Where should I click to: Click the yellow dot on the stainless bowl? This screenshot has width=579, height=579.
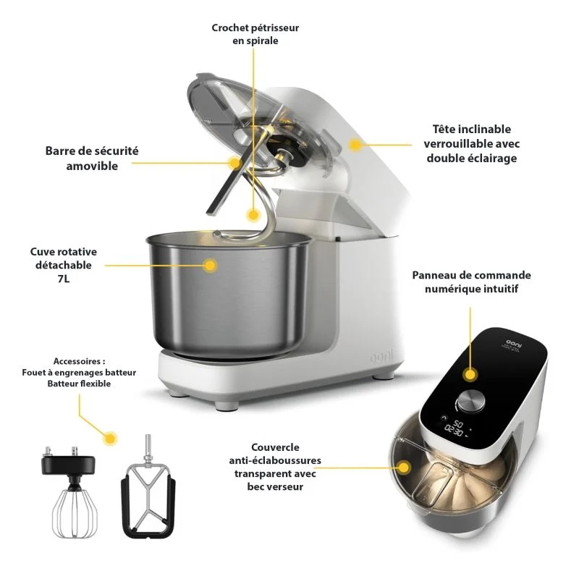(210, 265)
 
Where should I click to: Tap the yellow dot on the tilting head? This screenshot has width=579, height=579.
(355, 145)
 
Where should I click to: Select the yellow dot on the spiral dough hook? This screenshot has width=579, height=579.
(253, 214)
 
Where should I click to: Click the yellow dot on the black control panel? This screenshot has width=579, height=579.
(470, 374)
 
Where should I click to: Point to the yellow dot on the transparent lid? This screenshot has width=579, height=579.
(405, 468)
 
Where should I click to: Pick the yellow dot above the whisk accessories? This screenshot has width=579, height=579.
(110, 439)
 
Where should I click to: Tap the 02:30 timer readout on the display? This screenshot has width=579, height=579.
(454, 430)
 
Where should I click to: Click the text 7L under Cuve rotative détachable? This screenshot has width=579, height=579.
(63, 279)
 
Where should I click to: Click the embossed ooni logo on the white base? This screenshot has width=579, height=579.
(381, 356)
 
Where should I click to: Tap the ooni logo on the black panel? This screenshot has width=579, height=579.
(515, 343)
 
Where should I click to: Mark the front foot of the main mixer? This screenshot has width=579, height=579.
(227, 405)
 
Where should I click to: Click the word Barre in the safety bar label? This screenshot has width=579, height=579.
(59, 151)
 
